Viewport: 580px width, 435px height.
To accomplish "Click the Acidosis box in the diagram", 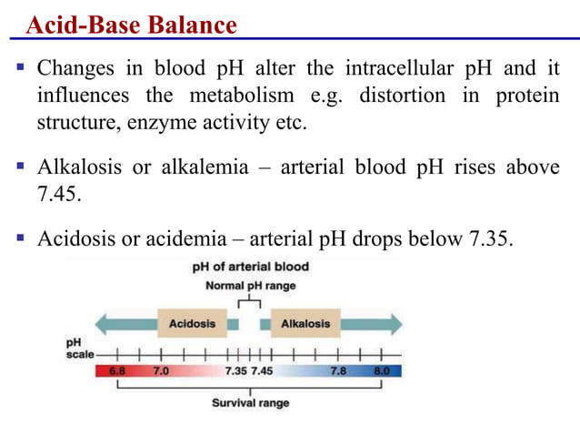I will tap(191, 323).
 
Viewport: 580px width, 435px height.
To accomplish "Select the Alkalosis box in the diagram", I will tap(305, 323).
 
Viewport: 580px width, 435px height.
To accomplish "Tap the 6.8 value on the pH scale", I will tap(117, 372).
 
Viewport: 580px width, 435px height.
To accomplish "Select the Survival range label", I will tap(251, 402).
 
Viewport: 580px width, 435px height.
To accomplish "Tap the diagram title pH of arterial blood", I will tap(251, 268).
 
